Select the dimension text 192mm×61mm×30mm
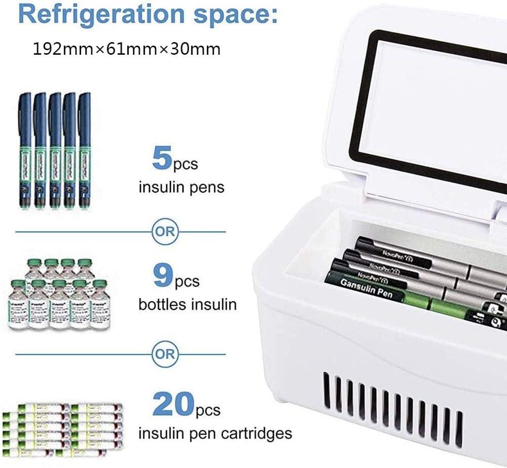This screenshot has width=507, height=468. coord(127,49)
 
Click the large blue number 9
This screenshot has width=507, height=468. coord(162,274)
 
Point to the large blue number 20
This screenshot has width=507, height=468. coord(173,404)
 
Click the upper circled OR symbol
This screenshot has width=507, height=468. coord(165,232)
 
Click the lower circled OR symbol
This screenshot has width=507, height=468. coord(165,353)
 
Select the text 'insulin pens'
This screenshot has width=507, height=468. coord(182,187)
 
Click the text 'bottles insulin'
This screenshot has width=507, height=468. coord(188,304)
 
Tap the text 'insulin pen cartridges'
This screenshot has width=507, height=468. coord(215,434)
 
